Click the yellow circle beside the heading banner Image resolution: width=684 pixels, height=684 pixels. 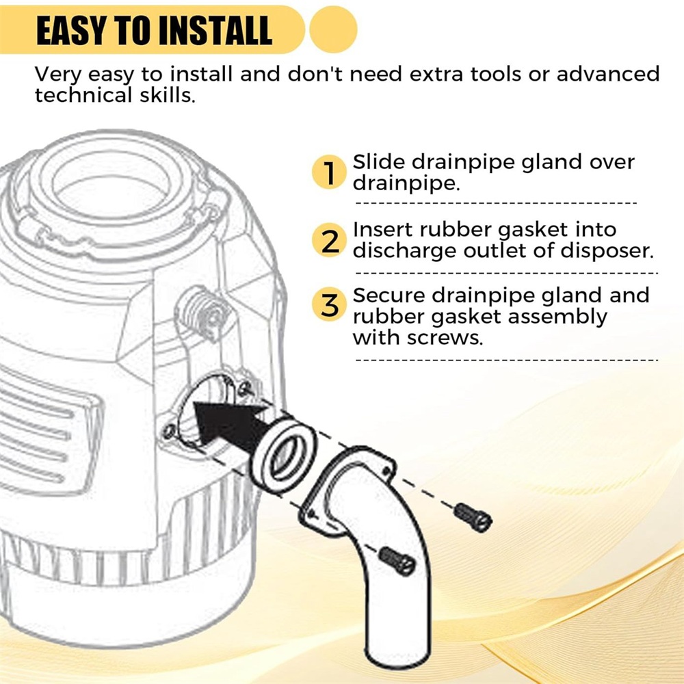(333, 29)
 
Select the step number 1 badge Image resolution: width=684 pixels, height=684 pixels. (330, 172)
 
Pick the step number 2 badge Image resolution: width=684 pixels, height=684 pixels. (330, 240)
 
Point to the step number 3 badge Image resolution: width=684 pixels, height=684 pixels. (330, 304)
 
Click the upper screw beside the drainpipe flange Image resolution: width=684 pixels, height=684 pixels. (473, 517)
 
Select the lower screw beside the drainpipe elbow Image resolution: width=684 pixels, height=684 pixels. (397, 562)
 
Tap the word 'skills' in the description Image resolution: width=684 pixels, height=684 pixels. (168, 95)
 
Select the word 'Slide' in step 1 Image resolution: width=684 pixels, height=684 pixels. (379, 162)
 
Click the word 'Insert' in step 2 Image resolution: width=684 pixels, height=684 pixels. (382, 229)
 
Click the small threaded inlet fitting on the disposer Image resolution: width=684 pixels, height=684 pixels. (204, 311)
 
